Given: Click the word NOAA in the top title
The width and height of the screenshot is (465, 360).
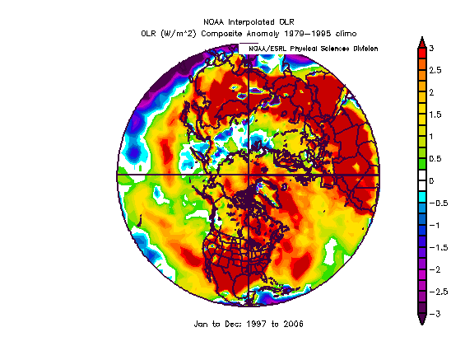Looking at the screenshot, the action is (x=214, y=22).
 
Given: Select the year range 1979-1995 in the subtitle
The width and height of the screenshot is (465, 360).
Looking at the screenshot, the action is (x=307, y=34).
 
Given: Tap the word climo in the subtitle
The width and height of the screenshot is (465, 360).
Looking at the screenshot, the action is (x=346, y=34).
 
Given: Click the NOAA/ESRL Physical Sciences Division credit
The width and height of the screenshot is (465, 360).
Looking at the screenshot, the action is (x=314, y=49).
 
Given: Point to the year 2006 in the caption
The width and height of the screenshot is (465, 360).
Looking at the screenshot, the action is (x=293, y=324).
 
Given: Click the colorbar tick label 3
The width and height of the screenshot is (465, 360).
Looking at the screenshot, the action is (x=431, y=48).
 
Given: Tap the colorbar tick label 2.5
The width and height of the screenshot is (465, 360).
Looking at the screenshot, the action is (x=435, y=70).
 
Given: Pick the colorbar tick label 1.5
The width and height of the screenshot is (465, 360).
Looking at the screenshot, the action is (x=435, y=115).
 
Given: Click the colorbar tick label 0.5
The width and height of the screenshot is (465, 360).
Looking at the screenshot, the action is (x=435, y=159).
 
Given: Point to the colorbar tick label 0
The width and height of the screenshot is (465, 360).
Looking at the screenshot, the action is (x=431, y=181).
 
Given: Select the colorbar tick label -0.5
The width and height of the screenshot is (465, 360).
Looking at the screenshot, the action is (x=438, y=203).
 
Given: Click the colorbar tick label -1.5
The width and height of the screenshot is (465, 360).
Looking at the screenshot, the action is (x=438, y=247).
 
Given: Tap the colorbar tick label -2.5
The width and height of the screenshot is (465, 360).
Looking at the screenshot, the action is (x=438, y=292).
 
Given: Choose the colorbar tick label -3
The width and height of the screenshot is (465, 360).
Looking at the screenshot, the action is (x=435, y=314).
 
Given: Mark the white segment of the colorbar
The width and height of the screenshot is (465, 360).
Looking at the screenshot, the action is (x=422, y=181).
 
